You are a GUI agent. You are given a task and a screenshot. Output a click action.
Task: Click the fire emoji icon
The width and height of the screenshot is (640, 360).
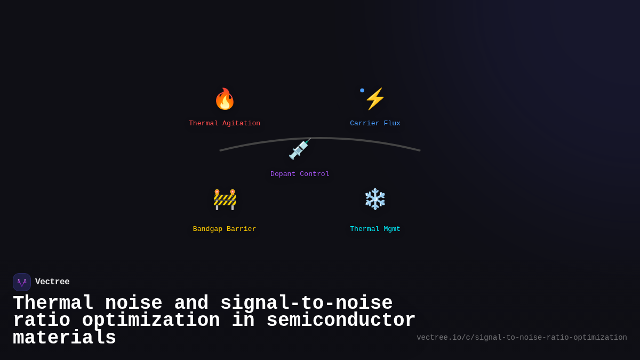point(225,99)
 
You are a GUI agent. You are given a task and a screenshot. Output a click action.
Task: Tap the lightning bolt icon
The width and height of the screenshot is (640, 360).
point(375,99)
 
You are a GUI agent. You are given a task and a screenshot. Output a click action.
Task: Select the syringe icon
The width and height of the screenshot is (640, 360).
point(299,149)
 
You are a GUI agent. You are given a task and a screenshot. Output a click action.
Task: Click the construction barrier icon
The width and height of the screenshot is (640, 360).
point(225,199)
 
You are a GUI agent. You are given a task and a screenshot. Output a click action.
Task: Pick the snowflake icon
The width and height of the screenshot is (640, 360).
point(375,199)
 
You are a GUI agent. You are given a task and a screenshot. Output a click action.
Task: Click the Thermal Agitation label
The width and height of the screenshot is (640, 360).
point(225,124)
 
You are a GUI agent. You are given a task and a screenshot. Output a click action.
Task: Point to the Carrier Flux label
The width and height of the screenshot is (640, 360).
point(375,124)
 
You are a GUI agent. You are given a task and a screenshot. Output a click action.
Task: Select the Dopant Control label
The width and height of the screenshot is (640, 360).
point(300,174)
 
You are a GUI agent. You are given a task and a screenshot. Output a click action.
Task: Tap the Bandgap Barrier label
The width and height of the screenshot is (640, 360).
point(225,229)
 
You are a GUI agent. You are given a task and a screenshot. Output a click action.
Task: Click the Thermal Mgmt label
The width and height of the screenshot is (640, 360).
point(375,229)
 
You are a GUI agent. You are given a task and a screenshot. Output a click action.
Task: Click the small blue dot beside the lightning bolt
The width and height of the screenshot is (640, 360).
point(362,90)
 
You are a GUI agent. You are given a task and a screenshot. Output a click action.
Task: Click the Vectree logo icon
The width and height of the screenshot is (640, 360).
point(22,282)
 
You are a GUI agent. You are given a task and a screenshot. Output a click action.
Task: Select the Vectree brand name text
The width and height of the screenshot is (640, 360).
point(52,282)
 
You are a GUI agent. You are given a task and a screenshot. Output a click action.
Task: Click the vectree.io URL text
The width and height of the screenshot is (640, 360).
point(522,338)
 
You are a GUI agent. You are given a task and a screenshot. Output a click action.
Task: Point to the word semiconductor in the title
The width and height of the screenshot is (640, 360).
point(341,321)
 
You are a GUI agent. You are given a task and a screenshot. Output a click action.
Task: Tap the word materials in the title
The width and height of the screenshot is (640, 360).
point(65,338)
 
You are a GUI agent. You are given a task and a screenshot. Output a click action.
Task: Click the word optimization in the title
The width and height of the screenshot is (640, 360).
point(151,321)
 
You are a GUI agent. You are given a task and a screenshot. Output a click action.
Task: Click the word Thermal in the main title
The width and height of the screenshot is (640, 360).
point(53,303)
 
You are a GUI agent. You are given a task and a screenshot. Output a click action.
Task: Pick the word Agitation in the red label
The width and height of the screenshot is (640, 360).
point(241,124)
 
